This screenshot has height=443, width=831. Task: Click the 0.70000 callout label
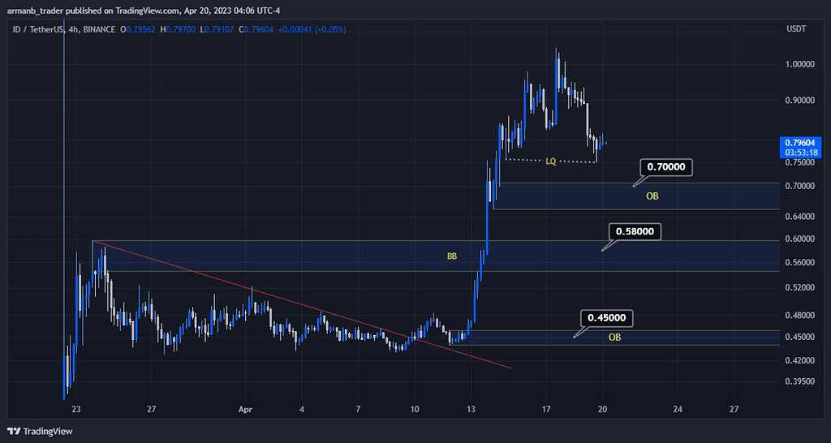coord(667,168)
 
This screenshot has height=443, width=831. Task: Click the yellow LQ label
coord(551,161)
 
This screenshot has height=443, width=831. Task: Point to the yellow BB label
coord(452,256)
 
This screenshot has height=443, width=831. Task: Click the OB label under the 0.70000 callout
coord(652,196)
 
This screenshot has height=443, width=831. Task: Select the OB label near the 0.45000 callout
coord(615,337)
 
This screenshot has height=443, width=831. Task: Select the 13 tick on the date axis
coord(471,409)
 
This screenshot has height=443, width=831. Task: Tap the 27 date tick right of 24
coord(734,409)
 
